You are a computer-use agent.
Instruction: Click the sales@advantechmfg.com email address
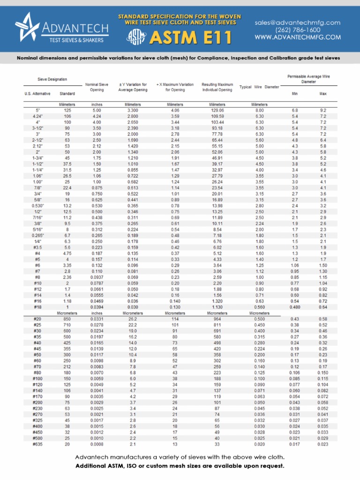[x=298, y=22]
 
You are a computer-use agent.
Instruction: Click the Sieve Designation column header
[x=52, y=79]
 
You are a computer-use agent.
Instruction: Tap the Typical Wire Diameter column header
[x=259, y=87]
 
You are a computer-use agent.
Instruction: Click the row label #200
[x=37, y=402]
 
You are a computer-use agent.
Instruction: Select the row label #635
[x=37, y=444]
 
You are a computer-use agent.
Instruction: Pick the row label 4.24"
[x=37, y=115]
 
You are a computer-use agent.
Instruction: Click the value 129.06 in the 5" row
[x=218, y=110]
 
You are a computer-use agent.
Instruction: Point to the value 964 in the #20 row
[x=218, y=319]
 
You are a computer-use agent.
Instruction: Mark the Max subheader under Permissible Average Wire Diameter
[x=323, y=94]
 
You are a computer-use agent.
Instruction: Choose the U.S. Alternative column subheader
[x=37, y=94]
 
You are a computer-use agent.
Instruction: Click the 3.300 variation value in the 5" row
[x=132, y=110]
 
